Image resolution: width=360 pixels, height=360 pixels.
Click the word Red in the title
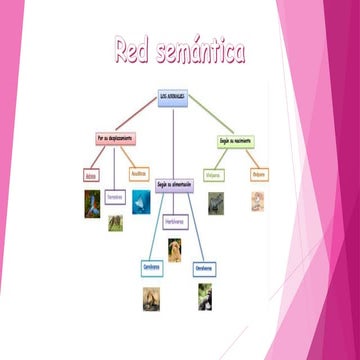[133, 51]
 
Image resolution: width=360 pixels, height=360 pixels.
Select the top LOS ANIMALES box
[175, 97]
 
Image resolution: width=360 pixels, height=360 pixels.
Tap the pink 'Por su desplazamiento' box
[115, 137]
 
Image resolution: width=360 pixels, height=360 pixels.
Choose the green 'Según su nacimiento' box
[234, 142]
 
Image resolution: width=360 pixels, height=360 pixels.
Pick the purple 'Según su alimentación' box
[175, 185]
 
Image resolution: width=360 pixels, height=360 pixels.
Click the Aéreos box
[92, 175]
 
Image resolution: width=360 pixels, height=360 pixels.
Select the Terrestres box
[115, 197]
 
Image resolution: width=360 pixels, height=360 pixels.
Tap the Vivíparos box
[213, 174]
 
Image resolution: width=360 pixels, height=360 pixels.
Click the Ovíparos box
[258, 174]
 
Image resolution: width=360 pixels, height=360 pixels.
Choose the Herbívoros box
[175, 221]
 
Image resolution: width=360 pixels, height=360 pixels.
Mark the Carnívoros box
[152, 267]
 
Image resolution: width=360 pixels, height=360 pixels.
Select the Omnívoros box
[205, 267]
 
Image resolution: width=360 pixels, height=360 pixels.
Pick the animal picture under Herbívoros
[175, 250]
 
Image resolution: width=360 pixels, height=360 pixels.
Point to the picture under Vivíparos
[214, 203]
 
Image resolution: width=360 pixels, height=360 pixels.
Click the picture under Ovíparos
[258, 201]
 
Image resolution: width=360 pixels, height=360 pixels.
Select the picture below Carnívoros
[151, 296]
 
